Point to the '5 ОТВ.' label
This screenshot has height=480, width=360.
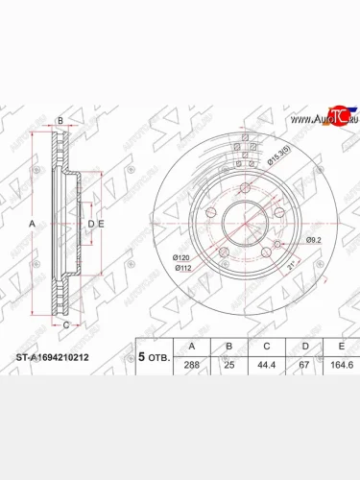tap(154, 356)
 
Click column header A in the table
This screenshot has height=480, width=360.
tap(194, 346)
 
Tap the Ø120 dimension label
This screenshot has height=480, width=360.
tap(182, 258)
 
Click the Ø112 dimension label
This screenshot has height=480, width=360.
tap(182, 269)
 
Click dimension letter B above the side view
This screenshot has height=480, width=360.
tap(60, 120)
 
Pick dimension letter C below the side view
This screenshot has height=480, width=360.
tap(65, 326)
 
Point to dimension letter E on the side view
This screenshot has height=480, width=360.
tap(103, 224)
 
